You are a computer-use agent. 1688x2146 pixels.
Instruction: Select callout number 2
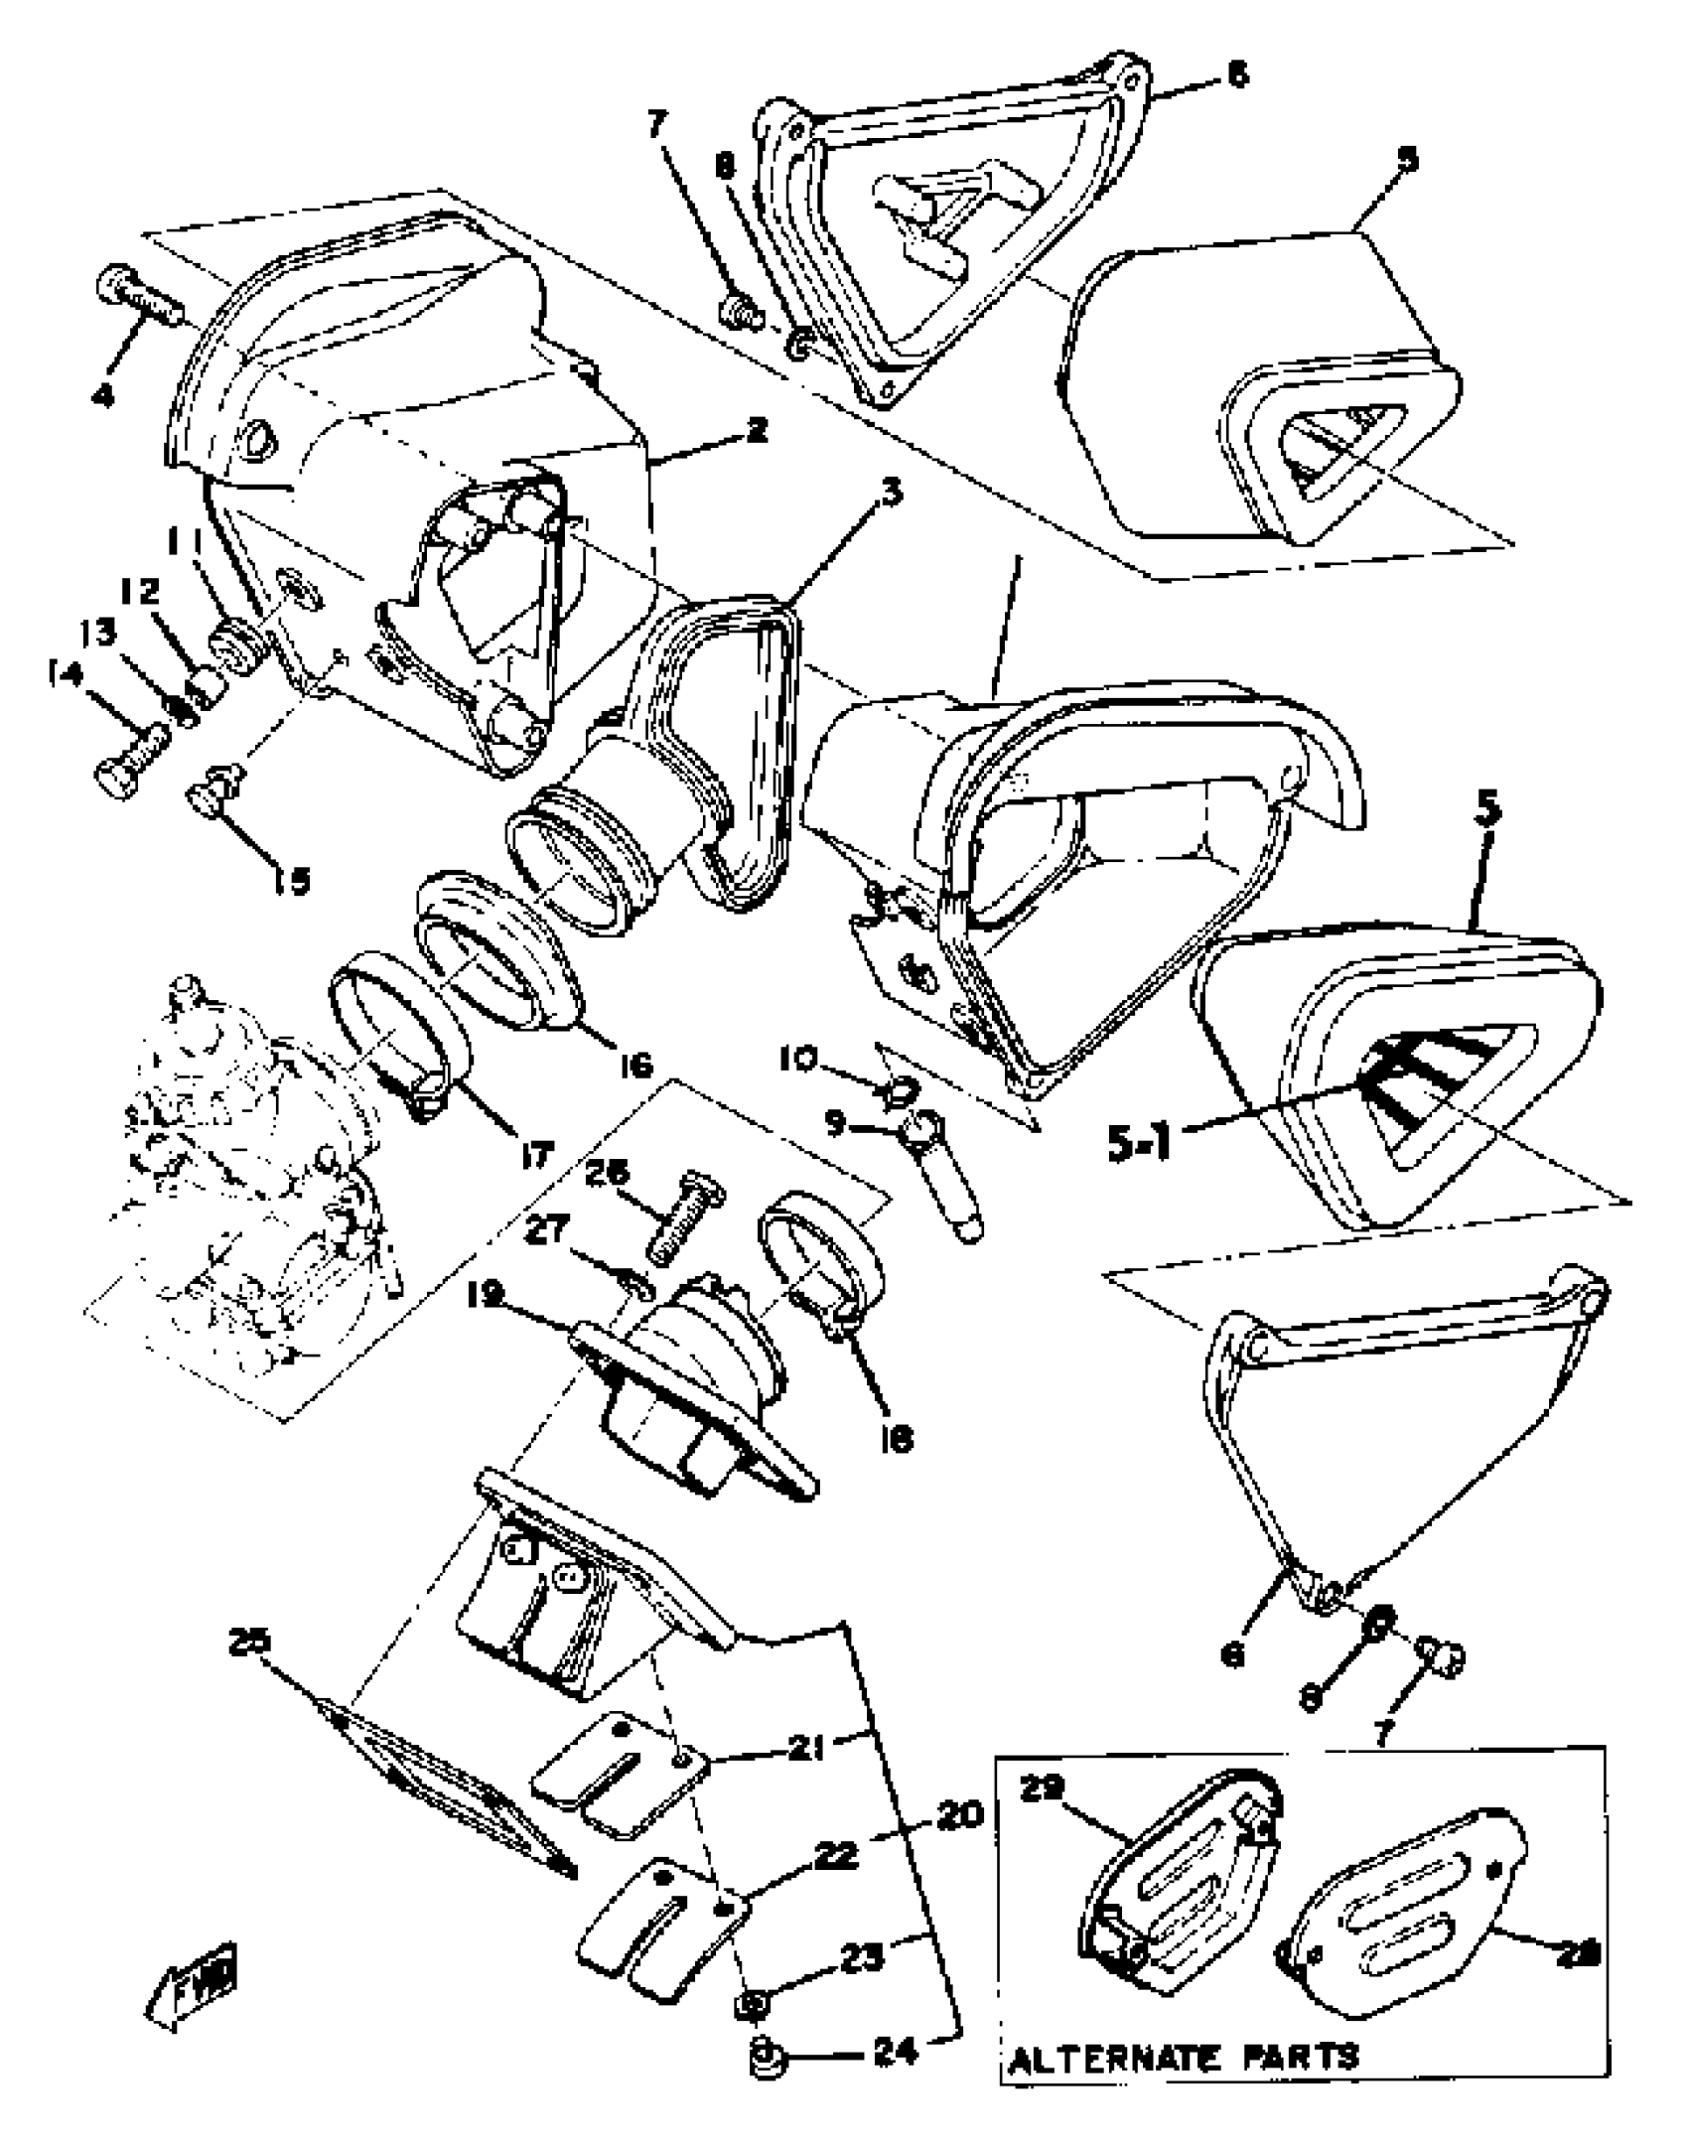(757, 431)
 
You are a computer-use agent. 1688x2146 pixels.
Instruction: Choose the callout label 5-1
(1140, 1143)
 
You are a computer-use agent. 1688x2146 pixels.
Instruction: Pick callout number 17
(536, 1155)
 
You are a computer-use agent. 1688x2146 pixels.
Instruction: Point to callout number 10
(797, 1061)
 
